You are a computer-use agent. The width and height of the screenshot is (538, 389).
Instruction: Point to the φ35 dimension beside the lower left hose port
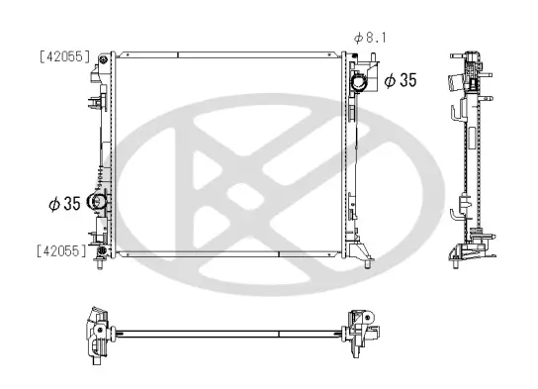pyautogui.click(x=64, y=204)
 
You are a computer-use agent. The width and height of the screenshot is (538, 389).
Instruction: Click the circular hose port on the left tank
pyautogui.click(x=98, y=203)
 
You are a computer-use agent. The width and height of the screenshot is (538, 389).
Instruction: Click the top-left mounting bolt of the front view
pyautogui.click(x=103, y=62)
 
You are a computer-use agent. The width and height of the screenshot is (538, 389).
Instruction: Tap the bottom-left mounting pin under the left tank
pyautogui.click(x=101, y=264)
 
